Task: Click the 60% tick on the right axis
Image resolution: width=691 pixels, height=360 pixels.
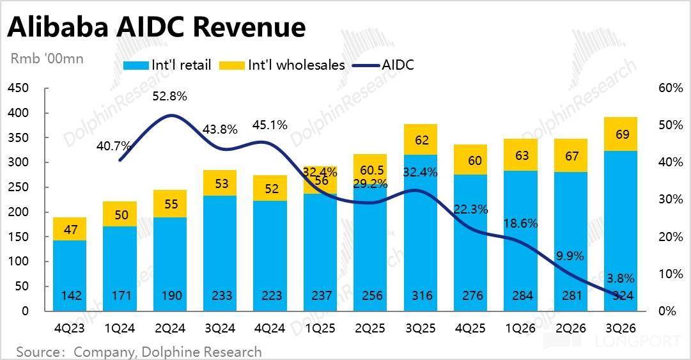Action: (x=670, y=88)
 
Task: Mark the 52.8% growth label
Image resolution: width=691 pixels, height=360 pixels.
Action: (x=169, y=97)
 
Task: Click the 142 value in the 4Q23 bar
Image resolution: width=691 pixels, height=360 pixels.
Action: (x=70, y=296)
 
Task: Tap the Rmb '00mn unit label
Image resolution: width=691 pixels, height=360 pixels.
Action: (x=47, y=58)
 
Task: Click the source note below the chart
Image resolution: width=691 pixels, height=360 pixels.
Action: (x=139, y=352)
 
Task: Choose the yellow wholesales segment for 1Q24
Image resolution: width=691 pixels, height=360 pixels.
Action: (x=121, y=214)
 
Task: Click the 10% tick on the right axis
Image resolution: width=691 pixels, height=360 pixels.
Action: (x=670, y=274)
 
